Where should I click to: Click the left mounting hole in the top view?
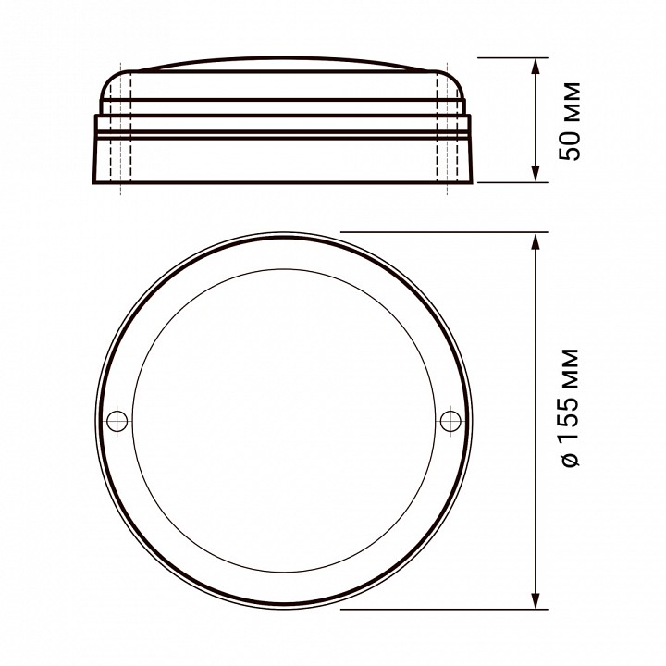(x=117, y=421)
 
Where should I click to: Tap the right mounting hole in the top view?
(x=450, y=421)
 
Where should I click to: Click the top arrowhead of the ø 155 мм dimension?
(x=536, y=242)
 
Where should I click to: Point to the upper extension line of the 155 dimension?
(x=435, y=231)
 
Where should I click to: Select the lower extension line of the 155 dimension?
(x=435, y=610)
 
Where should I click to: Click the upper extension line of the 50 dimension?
(x=509, y=57)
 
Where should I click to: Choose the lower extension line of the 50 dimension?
(x=509, y=183)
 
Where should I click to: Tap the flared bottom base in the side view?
(x=284, y=162)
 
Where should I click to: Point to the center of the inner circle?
(x=284, y=421)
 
